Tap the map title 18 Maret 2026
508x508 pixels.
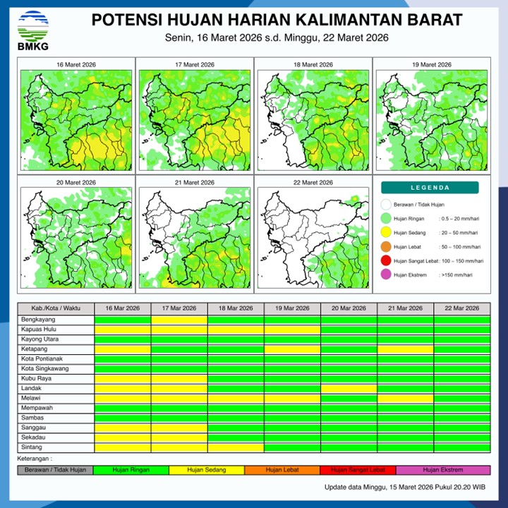(312, 65)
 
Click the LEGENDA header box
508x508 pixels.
(429, 188)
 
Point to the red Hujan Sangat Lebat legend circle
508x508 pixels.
(385, 261)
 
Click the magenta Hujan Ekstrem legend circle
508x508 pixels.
(385, 274)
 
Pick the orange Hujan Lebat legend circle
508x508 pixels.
(385, 247)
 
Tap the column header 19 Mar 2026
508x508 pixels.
(292, 308)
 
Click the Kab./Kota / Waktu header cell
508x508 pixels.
(56, 308)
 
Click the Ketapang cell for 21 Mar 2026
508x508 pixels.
(405, 349)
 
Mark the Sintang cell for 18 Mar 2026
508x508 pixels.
(236, 447)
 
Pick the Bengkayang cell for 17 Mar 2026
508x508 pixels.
(179, 320)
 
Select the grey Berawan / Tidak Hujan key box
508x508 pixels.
(55, 469)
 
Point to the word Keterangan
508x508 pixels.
(35, 458)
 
